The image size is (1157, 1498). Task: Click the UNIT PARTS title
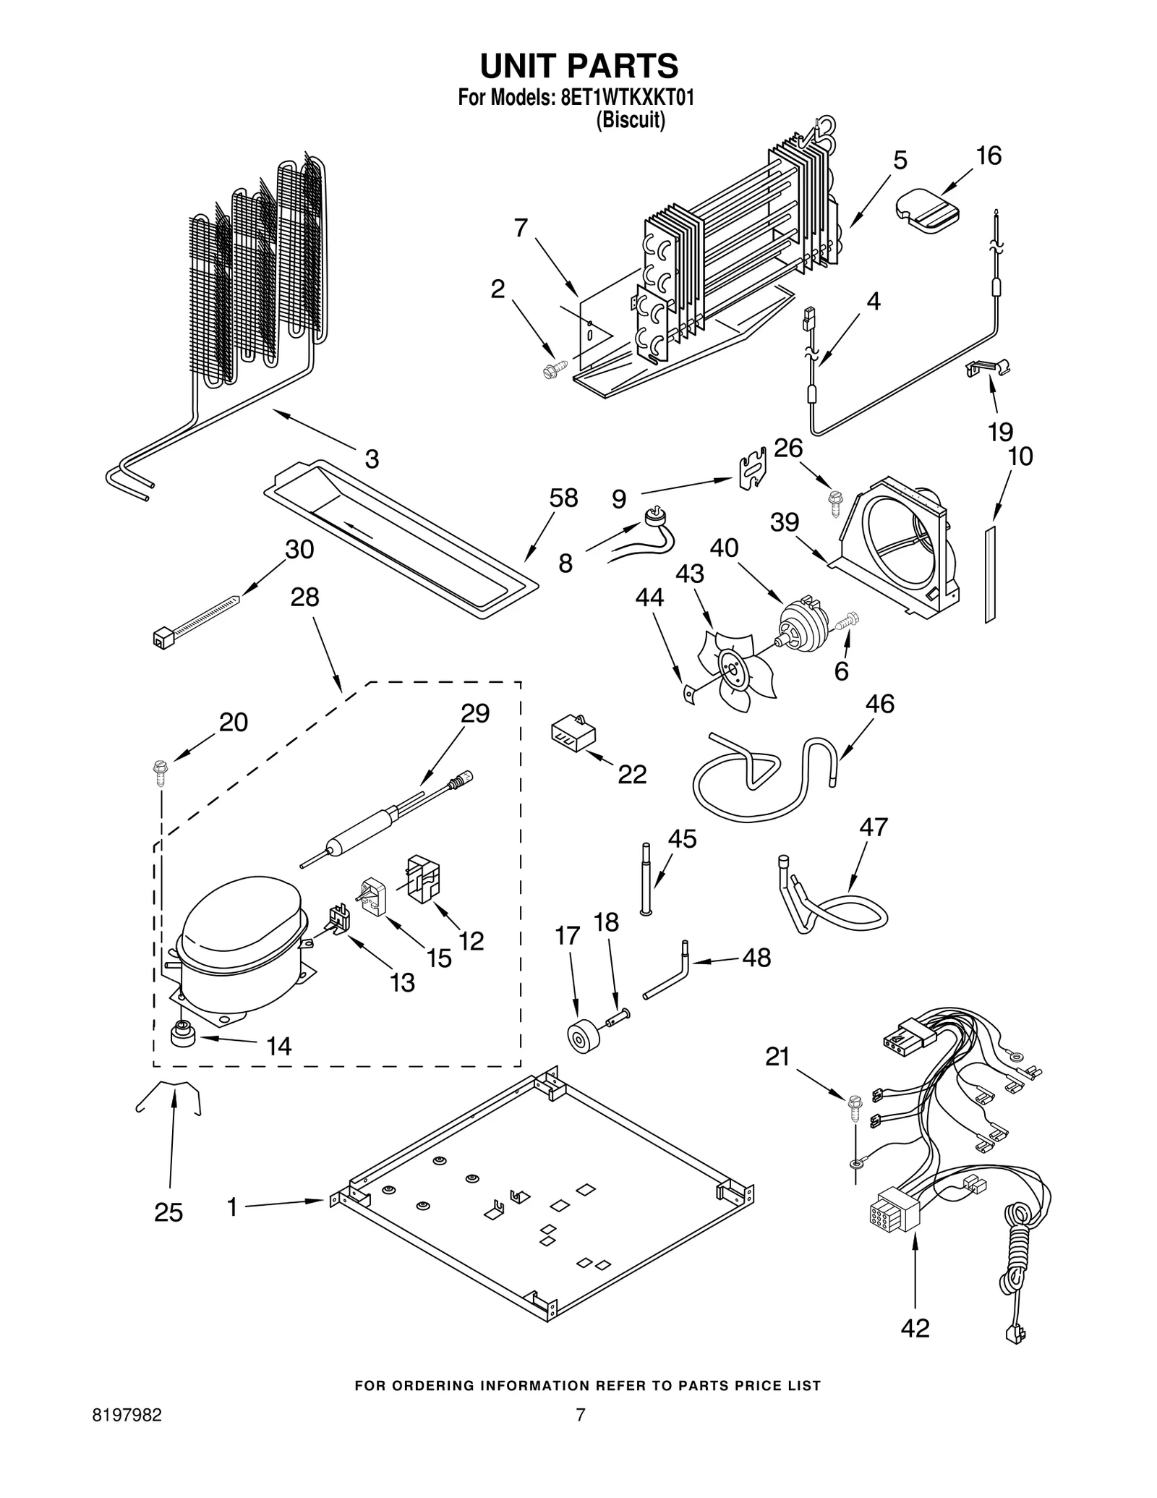coord(579,66)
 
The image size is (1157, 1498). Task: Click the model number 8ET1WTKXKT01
coord(627,98)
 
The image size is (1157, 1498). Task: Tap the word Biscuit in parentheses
coord(630,119)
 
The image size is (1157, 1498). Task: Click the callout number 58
coord(563,498)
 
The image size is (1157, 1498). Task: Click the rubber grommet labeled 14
coord(183,1035)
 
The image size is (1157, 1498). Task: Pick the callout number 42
coord(915,1328)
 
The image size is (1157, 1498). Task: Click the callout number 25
coord(168,1212)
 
